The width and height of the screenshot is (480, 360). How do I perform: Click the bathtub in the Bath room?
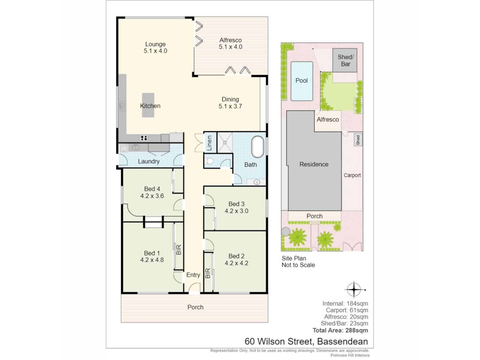coord(257,146)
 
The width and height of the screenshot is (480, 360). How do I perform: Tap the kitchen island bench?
coord(148,105)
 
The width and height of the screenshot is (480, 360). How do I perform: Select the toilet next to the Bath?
coord(209,161)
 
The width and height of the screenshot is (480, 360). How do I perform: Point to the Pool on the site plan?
coord(302,81)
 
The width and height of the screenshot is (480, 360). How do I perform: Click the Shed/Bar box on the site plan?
coord(345,60)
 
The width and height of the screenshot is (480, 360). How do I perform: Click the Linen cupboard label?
coord(209,143)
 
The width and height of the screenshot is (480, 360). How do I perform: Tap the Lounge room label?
coord(155,44)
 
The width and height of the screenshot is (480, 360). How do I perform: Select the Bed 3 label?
coord(236,204)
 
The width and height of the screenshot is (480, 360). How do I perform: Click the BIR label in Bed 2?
coord(208,273)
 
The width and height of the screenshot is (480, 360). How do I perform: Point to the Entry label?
coord(193,275)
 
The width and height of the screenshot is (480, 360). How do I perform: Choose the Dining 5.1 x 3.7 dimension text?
coord(230,106)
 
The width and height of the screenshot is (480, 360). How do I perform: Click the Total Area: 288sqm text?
coord(340,330)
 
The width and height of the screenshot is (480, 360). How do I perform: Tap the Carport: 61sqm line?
coord(347,310)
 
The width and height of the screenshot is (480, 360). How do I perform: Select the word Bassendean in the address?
coord(342,341)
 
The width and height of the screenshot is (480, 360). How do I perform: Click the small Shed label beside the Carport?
coord(358,140)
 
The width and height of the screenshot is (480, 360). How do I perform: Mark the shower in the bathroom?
coord(225,142)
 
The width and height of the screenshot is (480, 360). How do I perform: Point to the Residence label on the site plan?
coord(314,164)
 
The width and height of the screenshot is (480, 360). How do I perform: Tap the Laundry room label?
coord(148,161)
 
